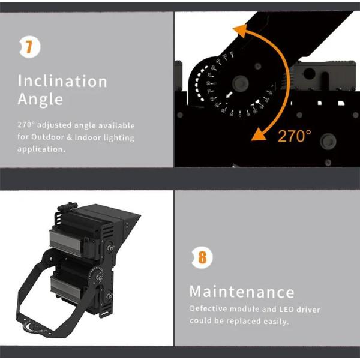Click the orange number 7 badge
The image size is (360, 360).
point(29,47)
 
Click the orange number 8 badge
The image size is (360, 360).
point(202,257)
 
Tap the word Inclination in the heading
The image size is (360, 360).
point(62,81)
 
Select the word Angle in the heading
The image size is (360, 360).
point(40,99)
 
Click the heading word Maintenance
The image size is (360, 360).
point(242,292)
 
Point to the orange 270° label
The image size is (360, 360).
point(295,136)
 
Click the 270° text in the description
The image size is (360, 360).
point(26,125)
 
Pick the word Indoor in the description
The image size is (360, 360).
point(88,137)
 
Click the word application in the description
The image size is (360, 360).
point(41,149)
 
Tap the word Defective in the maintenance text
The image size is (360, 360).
point(208,308)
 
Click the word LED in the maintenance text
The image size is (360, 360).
point(287,309)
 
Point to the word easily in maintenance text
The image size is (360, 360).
point(276,322)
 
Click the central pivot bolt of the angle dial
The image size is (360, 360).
point(240,83)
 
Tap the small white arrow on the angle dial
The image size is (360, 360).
point(229,95)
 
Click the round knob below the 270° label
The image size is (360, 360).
point(328,141)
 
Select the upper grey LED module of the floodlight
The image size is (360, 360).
point(65,242)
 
